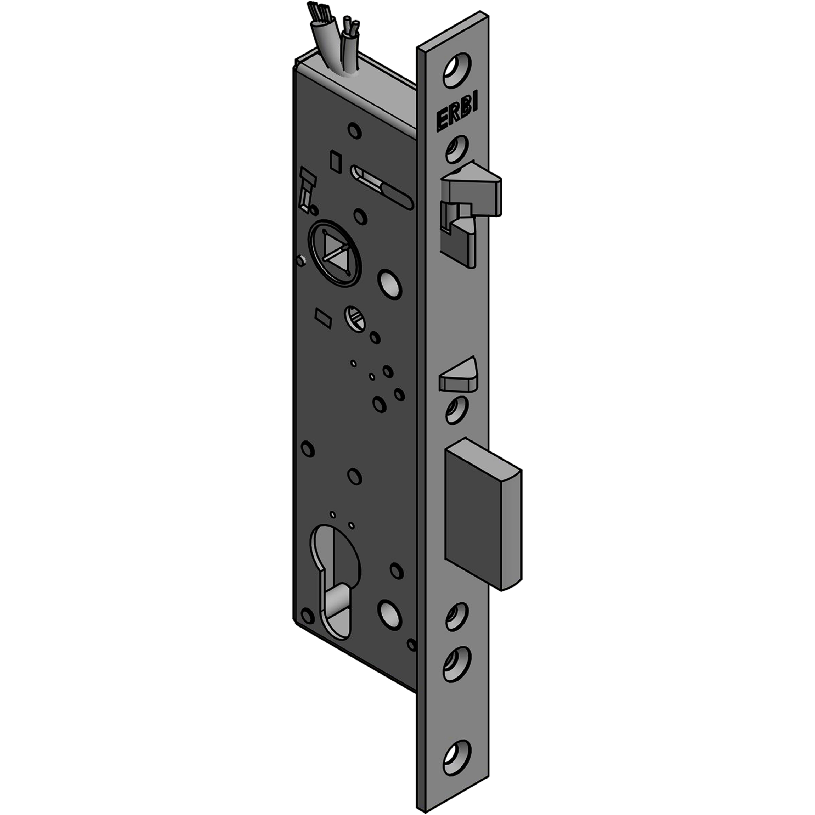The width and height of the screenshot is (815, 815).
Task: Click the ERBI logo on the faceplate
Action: click(457, 114)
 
